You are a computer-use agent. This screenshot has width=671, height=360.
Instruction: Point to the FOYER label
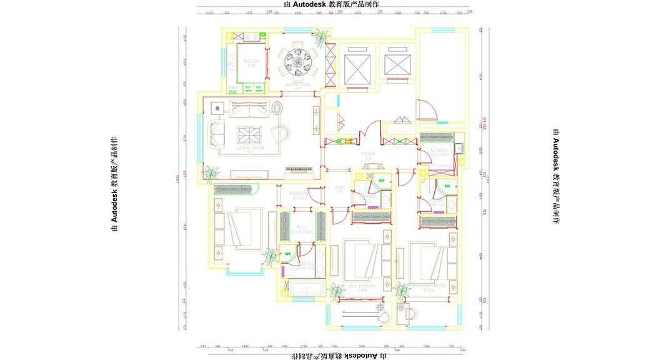coord(367,152)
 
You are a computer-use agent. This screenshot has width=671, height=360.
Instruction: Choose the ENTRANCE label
coord(299,194)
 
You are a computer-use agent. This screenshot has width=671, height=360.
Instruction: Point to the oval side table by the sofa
coord(277,109)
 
